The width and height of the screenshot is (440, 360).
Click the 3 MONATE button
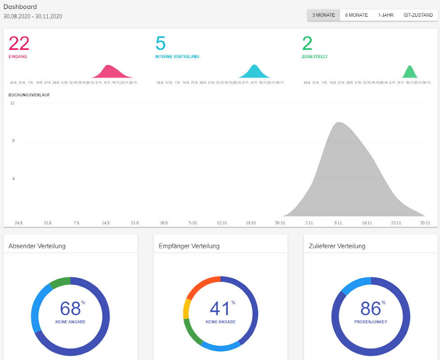click(323, 15)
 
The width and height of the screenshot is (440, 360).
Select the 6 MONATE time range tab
click(356, 15)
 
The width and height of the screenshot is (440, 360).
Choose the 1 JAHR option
click(386, 15)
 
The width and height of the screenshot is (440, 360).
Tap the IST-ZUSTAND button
click(418, 15)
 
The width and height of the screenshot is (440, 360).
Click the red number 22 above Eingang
click(19, 44)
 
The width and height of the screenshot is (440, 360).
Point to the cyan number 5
click(160, 44)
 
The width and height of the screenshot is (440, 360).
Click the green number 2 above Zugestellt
click(307, 44)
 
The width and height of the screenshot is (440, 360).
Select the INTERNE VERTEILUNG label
click(177, 57)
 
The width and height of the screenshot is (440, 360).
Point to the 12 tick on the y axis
click(13, 103)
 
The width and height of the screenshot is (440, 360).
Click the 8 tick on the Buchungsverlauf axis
click(14, 141)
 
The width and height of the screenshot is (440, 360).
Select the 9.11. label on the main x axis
click(339, 223)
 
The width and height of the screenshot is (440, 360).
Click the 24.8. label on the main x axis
click(19, 223)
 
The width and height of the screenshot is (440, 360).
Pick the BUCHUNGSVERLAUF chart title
click(29, 95)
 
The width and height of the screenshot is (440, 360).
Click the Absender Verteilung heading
click(37, 246)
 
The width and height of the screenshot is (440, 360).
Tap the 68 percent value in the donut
click(71, 309)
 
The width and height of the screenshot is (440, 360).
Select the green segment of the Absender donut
click(59, 282)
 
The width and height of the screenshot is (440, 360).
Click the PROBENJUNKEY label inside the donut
click(371, 322)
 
